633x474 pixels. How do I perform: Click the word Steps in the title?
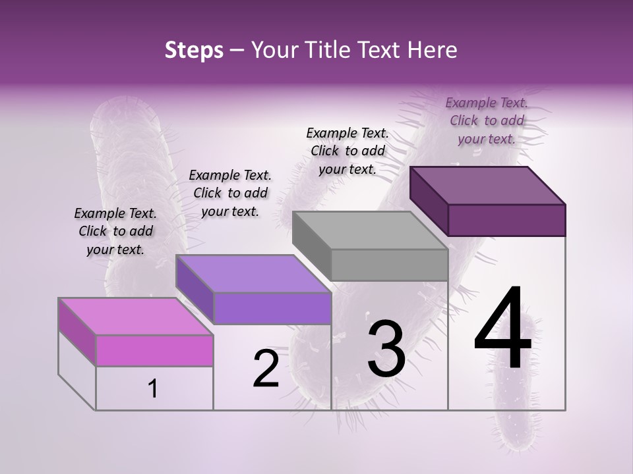[194, 50]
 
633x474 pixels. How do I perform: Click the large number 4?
[502, 329]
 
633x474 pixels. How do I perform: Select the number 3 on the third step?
[386, 349]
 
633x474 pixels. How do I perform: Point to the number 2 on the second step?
[266, 369]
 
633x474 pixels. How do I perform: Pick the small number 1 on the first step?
[153, 389]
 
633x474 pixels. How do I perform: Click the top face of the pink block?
[136, 316]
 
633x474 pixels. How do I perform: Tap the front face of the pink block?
[154, 350]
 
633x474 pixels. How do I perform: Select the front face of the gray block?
[389, 265]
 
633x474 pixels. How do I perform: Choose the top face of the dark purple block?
[488, 185]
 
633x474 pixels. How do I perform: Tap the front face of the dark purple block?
[506, 220]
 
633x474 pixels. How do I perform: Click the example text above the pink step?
[115, 231]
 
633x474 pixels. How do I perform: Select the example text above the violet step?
[230, 193]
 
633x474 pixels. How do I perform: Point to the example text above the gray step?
[347, 151]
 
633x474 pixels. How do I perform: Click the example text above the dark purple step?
[487, 120]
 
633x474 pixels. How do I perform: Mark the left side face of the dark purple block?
[429, 201]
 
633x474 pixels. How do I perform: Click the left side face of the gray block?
[311, 247]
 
